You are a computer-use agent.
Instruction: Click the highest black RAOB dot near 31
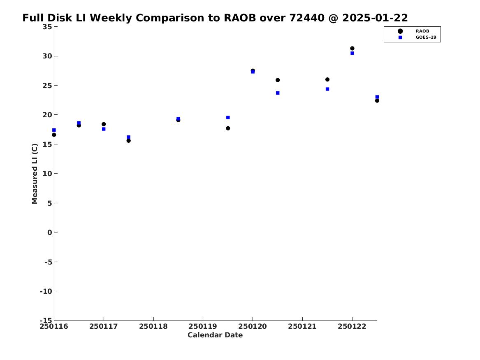tap(352, 49)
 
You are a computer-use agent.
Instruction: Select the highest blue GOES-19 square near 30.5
tap(352, 53)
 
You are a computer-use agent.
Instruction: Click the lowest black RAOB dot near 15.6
tap(129, 141)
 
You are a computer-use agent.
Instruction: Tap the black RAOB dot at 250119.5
tap(228, 128)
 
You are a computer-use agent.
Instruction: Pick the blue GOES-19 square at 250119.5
tap(228, 118)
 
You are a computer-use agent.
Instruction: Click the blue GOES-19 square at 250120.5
tap(278, 93)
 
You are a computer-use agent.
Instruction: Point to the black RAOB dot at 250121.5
tap(327, 79)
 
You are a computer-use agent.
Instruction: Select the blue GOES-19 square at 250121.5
tap(327, 89)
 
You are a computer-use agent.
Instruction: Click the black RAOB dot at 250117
tap(104, 124)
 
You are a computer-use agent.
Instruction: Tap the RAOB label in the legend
tap(422, 31)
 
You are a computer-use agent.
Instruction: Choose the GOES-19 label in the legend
tap(426, 37)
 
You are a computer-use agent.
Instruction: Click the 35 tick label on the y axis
tap(47, 27)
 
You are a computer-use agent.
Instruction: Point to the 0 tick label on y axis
tap(50, 232)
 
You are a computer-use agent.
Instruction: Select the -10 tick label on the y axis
tap(46, 291)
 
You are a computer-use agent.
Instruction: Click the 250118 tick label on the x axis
tap(153, 327)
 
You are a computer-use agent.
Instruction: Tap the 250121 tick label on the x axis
tap(302, 327)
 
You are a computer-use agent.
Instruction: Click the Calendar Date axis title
tap(215, 335)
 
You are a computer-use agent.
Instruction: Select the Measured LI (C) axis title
tap(35, 174)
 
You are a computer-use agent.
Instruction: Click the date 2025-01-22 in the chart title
tap(375, 18)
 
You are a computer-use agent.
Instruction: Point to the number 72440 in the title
tap(307, 18)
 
